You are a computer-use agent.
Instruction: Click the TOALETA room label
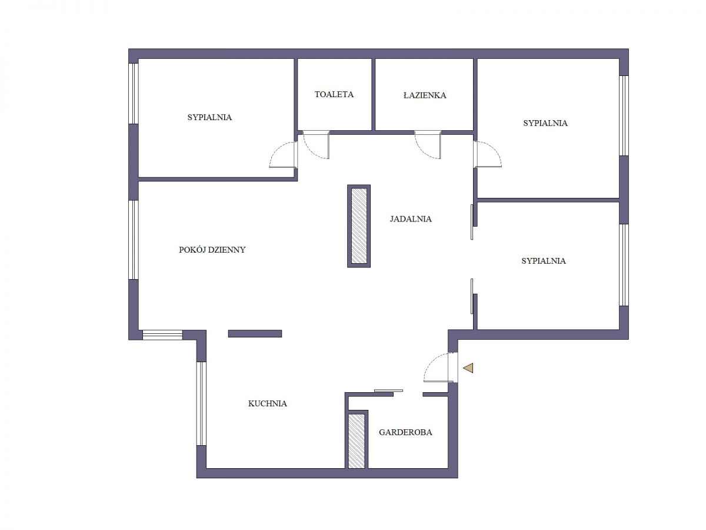click(334, 94)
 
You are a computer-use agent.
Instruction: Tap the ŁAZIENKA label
click(425, 95)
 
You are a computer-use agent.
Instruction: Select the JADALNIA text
click(411, 219)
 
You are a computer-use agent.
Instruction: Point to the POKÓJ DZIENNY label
click(212, 250)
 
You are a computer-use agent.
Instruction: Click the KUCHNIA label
click(267, 403)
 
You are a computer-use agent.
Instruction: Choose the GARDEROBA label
click(405, 432)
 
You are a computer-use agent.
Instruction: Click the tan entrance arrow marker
click(468, 368)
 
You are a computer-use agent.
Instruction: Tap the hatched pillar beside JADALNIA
click(359, 226)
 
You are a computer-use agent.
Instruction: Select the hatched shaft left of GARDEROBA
click(357, 440)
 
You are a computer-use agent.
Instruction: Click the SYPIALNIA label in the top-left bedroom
click(209, 117)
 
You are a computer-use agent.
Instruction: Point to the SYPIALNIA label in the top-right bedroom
click(545, 123)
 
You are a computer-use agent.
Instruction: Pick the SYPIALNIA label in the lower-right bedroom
click(544, 261)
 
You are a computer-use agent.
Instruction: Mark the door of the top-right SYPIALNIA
click(488, 154)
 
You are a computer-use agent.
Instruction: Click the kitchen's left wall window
click(201, 404)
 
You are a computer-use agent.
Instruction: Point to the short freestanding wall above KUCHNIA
click(255, 334)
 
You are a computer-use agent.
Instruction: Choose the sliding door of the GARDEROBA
click(388, 390)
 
